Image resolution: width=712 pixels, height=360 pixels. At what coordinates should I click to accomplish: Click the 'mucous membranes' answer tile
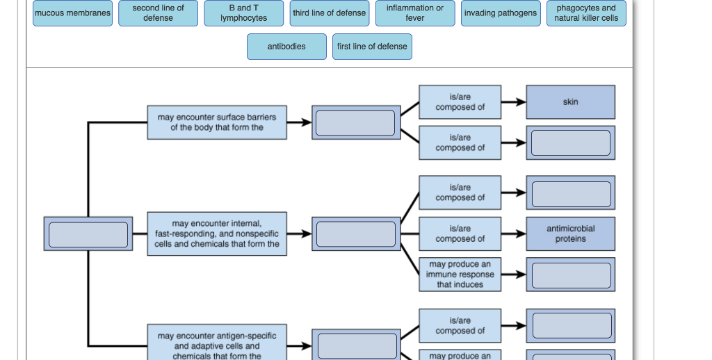point(73,13)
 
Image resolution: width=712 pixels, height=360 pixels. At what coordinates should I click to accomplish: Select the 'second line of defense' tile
point(158,13)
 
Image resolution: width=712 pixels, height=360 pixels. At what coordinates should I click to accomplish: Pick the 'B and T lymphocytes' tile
point(243,13)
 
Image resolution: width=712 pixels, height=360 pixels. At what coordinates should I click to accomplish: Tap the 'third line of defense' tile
point(330,13)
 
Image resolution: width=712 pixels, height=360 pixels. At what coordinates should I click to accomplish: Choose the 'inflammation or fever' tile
point(415,13)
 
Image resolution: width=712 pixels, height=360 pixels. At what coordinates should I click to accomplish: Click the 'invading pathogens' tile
point(501,13)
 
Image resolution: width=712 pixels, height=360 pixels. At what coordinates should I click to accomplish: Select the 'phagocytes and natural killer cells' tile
point(586,13)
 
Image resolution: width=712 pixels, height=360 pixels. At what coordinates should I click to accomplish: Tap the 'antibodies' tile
point(286,47)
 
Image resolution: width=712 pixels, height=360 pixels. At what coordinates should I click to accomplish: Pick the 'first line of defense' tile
point(372,47)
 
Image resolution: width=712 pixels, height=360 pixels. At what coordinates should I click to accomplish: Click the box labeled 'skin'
point(570,102)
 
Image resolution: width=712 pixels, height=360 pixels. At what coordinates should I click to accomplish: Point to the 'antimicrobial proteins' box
point(570,234)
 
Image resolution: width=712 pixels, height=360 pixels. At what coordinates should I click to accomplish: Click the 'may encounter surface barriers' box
point(217,122)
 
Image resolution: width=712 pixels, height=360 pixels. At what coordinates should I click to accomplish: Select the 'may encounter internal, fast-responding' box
point(217,234)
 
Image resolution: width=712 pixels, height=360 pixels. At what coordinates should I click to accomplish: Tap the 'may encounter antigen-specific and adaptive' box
point(217,345)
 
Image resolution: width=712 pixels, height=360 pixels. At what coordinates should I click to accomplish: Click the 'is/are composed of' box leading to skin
point(460,102)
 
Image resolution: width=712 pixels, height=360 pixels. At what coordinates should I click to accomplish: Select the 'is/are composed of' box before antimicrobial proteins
point(460,234)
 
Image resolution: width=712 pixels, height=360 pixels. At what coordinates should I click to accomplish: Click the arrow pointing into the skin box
point(514,102)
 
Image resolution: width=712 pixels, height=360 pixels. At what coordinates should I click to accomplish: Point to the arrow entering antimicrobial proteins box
point(514,234)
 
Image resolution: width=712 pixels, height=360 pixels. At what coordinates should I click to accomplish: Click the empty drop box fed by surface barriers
point(355,122)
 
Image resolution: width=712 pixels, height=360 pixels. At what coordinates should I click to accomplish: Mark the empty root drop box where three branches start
point(88,234)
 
